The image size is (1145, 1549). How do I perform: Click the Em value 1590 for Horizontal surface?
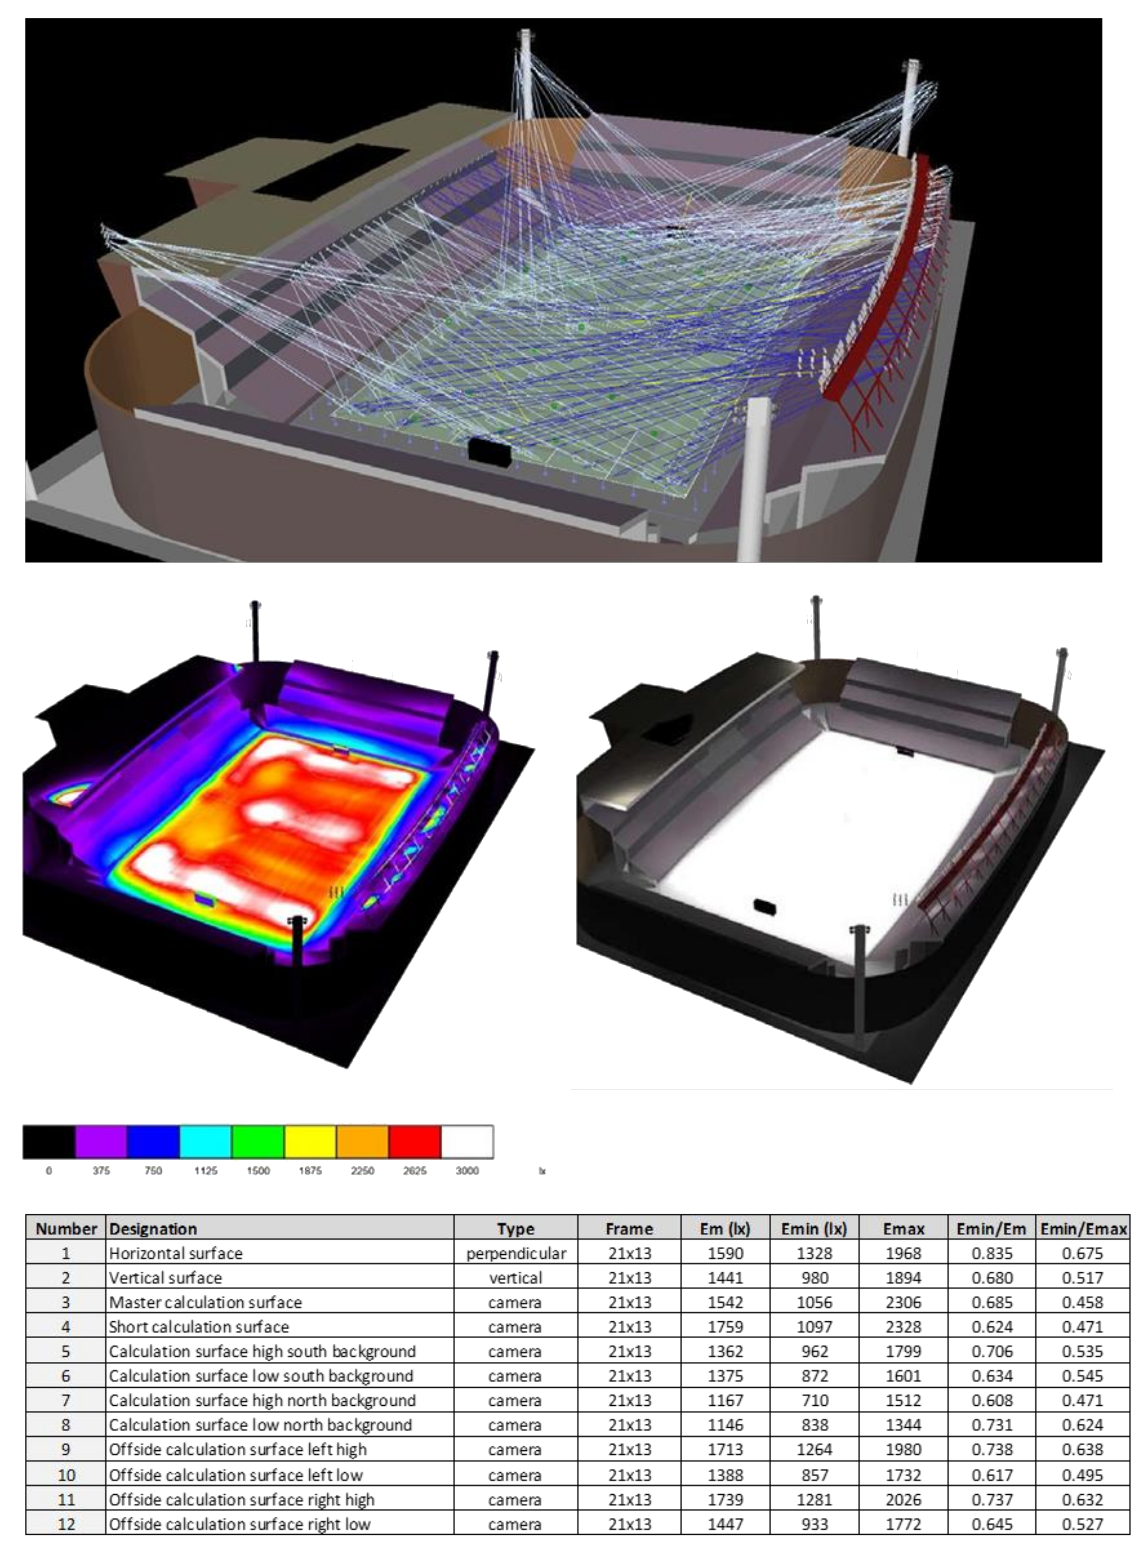tap(725, 1253)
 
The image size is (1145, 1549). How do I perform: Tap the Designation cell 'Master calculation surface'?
tap(205, 1302)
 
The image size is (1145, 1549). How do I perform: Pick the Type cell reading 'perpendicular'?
tap(516, 1254)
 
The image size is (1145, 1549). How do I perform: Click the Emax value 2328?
tap(903, 1327)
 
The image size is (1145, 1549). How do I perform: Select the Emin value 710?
tap(814, 1400)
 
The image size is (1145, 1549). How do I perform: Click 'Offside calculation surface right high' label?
tap(241, 1499)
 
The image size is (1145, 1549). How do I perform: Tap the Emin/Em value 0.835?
tap(992, 1253)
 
